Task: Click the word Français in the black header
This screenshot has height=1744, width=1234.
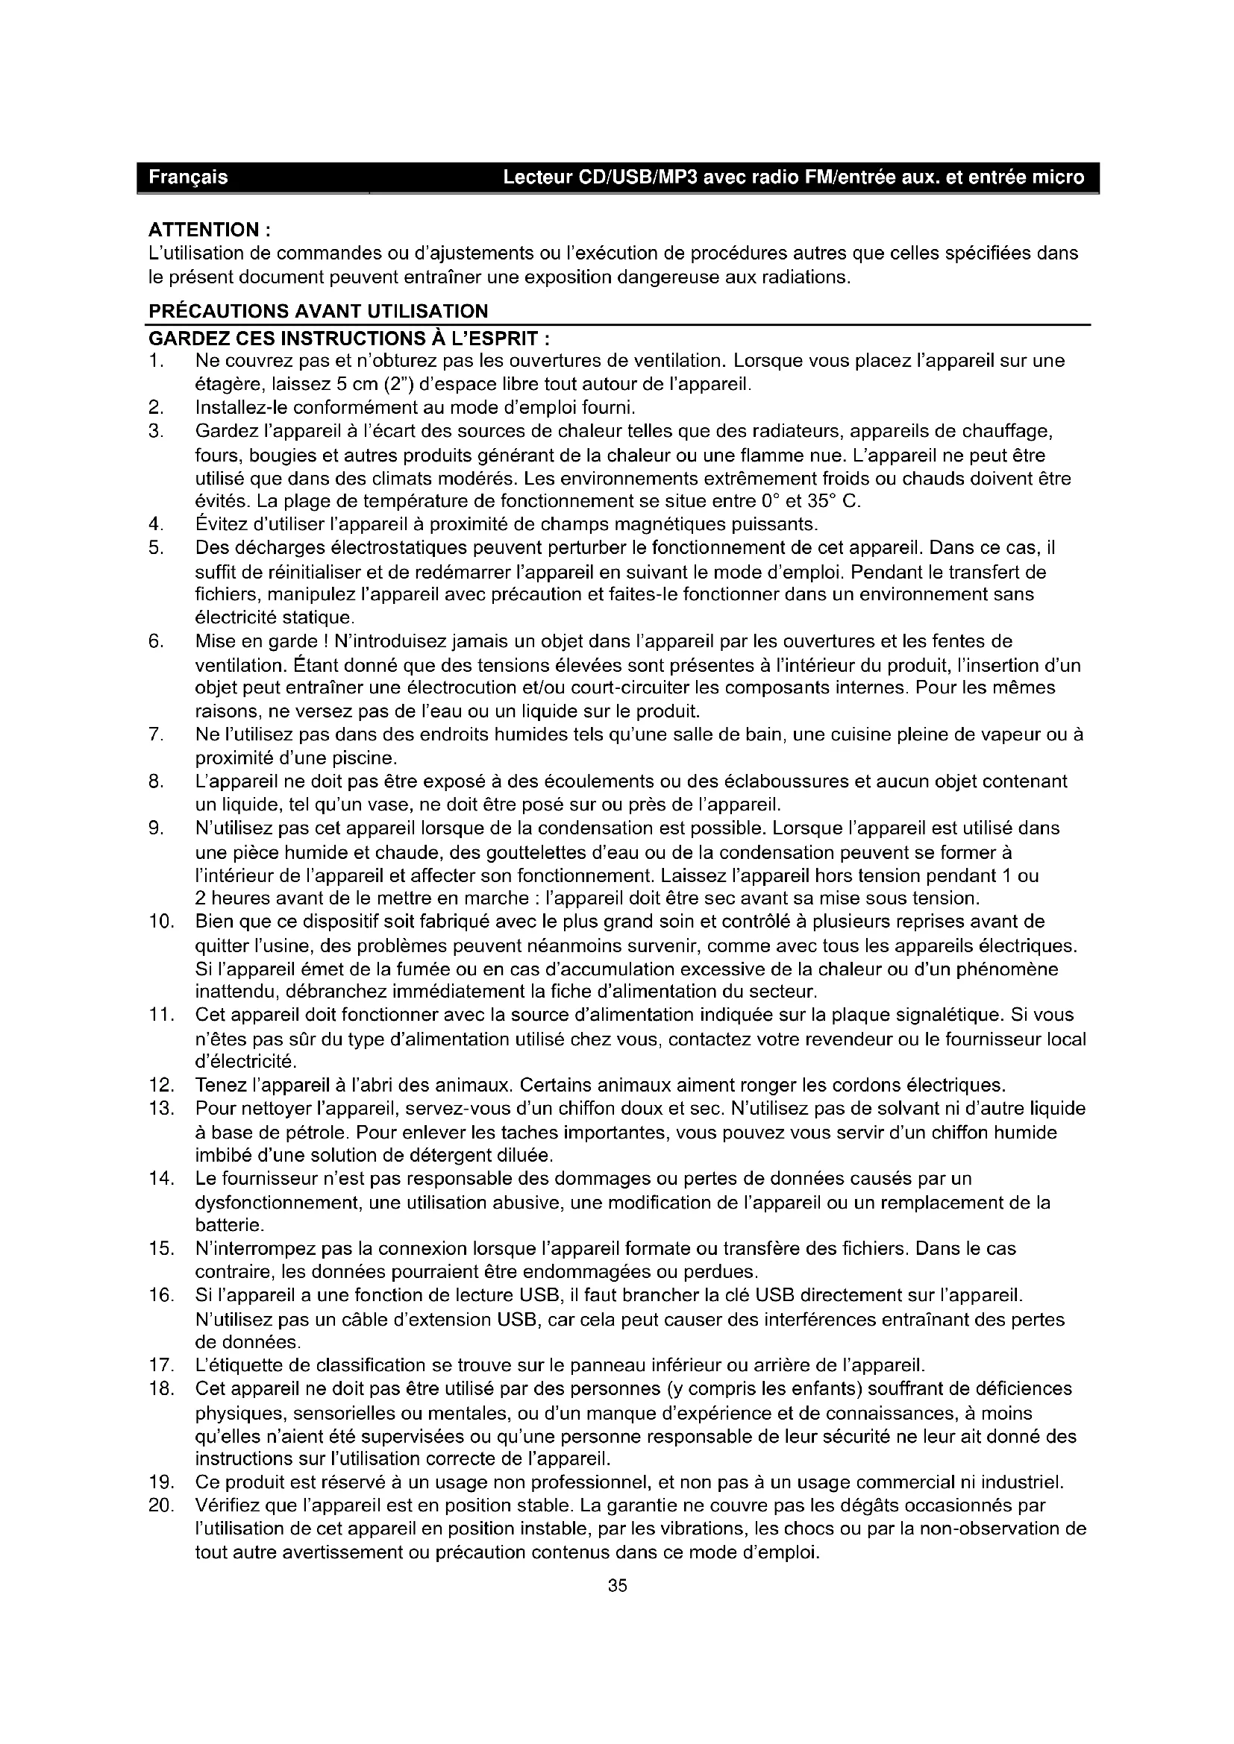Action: click(188, 177)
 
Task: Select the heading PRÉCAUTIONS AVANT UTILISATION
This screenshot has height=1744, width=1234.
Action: click(319, 312)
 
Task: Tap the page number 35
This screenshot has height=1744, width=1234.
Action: click(617, 1586)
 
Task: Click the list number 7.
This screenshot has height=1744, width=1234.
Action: click(155, 734)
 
